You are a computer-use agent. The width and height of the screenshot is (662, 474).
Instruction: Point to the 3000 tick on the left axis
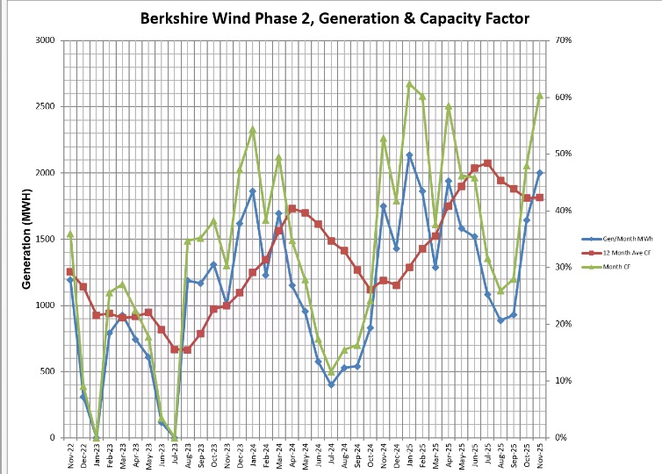(44, 40)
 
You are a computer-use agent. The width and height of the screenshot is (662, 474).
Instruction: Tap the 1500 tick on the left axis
(44, 239)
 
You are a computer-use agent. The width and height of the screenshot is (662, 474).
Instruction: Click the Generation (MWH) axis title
(26, 239)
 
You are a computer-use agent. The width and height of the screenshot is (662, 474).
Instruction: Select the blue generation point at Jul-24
(331, 384)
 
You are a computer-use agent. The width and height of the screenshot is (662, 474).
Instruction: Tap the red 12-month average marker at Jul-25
(487, 163)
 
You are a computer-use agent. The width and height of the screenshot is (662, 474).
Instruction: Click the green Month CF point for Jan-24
(253, 129)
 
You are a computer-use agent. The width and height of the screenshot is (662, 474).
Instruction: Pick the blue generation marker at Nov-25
(540, 172)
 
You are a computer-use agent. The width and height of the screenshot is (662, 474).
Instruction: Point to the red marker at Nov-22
(70, 271)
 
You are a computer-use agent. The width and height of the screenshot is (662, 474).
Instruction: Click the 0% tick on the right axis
(560, 437)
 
